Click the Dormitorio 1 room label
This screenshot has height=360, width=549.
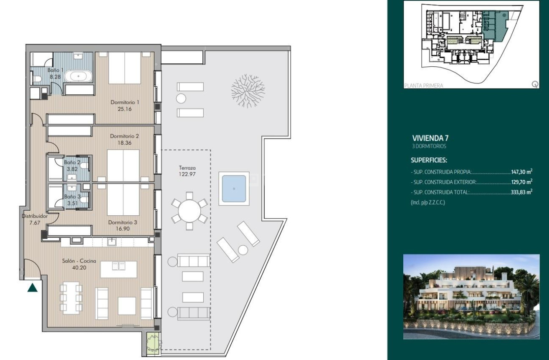124,102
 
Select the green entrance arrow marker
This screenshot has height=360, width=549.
33,287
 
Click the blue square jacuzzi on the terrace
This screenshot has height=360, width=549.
234,189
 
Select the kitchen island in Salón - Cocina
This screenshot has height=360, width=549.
119,269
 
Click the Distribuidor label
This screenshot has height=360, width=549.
35,217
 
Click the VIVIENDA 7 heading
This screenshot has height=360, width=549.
430,138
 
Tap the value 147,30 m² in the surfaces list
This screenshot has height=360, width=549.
521,171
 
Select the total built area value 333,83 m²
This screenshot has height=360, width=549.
521,192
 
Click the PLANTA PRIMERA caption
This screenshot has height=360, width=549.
423,86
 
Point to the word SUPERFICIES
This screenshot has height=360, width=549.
429,160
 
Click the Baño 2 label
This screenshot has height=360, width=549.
72,163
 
